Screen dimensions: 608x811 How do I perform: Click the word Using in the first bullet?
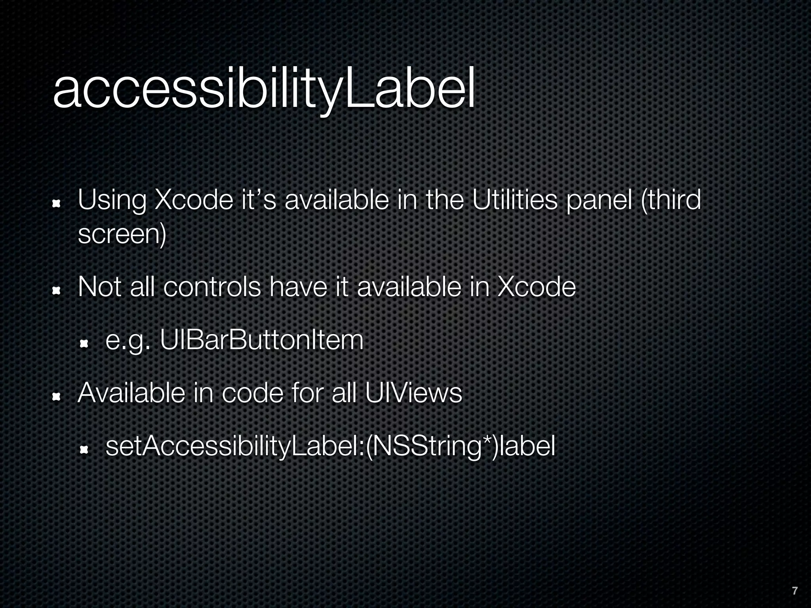(x=112, y=200)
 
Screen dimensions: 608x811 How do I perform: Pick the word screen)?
(x=122, y=234)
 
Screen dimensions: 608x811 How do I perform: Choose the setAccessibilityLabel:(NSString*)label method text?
(x=330, y=446)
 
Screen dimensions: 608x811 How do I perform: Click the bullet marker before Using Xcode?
(x=56, y=203)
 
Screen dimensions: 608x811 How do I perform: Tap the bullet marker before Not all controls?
(x=56, y=291)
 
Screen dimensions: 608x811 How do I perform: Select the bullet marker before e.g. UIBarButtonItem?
(x=84, y=344)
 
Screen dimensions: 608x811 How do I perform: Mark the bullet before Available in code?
(x=56, y=397)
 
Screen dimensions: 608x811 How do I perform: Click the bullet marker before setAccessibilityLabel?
(x=84, y=450)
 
